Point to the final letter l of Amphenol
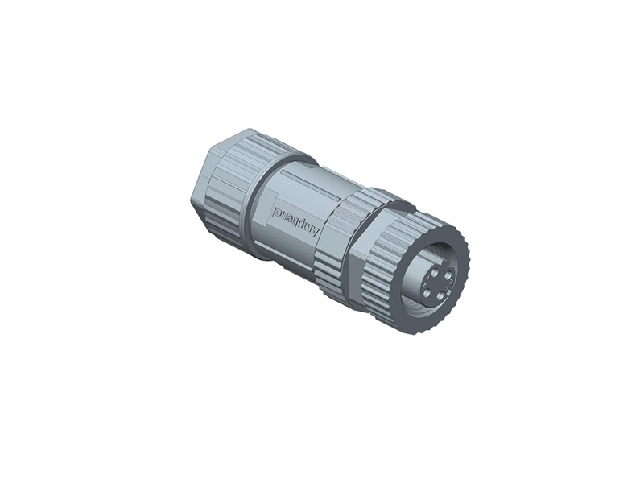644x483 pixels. pyautogui.click(x=276, y=212)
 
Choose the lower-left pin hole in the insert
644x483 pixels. pyautogui.click(x=426, y=293)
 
